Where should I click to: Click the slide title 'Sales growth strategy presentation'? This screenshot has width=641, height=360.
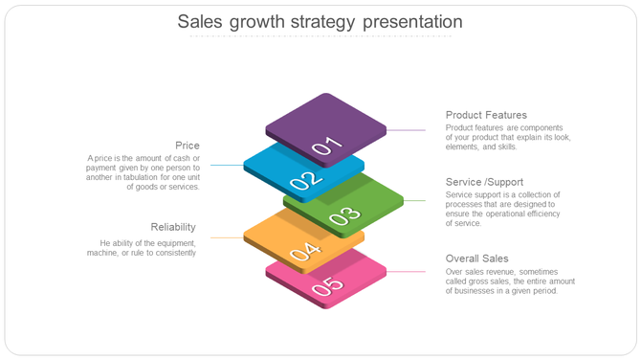click(320, 21)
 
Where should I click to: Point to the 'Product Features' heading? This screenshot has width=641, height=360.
click(486, 115)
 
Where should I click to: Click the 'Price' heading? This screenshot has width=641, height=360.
click(188, 146)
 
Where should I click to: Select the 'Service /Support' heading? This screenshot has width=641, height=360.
click(484, 182)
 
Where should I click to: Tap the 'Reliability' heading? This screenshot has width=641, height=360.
click(173, 227)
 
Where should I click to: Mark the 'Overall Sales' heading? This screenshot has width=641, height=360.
click(477, 259)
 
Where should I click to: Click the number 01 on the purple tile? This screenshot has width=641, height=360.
click(326, 146)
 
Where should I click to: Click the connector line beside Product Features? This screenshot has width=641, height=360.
click(407, 129)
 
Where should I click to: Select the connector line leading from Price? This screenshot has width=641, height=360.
click(227, 165)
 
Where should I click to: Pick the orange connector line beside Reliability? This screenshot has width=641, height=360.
click(227, 237)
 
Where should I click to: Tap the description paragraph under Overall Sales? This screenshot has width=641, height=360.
click(510, 281)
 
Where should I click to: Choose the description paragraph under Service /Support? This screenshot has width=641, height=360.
click(503, 209)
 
